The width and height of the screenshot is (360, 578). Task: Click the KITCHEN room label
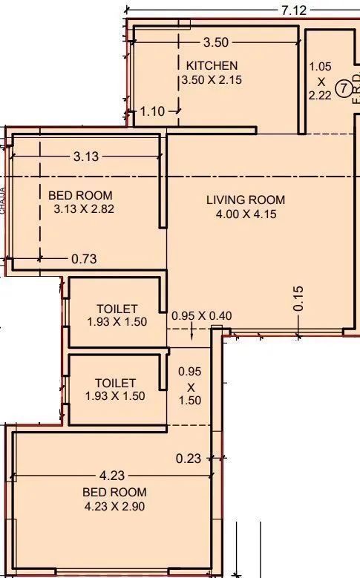(x=212, y=65)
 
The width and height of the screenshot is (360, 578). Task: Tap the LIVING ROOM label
(x=246, y=200)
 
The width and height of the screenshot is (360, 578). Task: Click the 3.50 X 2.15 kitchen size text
(x=212, y=79)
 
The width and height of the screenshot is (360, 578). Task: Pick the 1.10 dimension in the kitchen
(x=153, y=111)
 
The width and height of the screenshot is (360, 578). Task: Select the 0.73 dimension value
(x=85, y=259)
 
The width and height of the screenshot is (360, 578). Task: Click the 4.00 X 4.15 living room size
(x=246, y=215)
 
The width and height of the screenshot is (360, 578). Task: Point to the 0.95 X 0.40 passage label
(x=201, y=315)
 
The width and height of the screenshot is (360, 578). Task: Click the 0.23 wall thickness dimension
(x=188, y=459)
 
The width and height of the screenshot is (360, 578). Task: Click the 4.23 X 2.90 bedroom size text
(x=115, y=507)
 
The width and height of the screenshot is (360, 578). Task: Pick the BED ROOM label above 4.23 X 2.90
(x=115, y=492)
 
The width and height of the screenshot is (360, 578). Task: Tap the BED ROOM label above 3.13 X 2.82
(x=80, y=195)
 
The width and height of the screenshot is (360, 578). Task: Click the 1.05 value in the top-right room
(x=320, y=67)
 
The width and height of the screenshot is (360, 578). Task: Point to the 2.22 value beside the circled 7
(x=321, y=96)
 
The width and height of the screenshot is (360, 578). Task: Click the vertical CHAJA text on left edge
(x=4, y=200)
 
